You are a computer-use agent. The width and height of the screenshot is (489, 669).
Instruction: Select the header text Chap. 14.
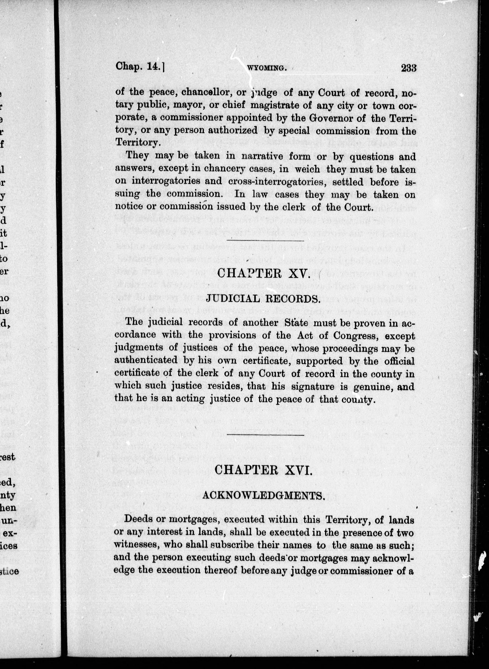pos(140,67)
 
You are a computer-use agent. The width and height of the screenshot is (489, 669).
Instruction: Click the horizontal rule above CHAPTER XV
pos(265,240)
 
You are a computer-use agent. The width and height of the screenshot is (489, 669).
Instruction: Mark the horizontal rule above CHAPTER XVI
pos(265,435)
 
